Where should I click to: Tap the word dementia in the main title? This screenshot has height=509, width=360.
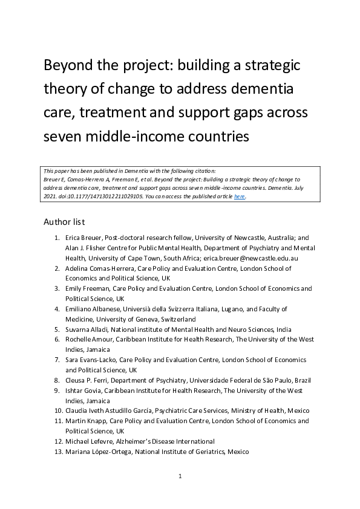[x=264, y=89]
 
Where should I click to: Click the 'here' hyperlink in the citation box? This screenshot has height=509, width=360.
[x=240, y=196]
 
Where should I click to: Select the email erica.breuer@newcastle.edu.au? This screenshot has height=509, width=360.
[x=256, y=258]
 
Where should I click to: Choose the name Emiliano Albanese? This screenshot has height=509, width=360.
[x=95, y=309]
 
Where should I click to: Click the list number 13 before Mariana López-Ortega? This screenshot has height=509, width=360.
[x=58, y=452]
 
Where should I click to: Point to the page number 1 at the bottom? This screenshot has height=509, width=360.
[x=180, y=476]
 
